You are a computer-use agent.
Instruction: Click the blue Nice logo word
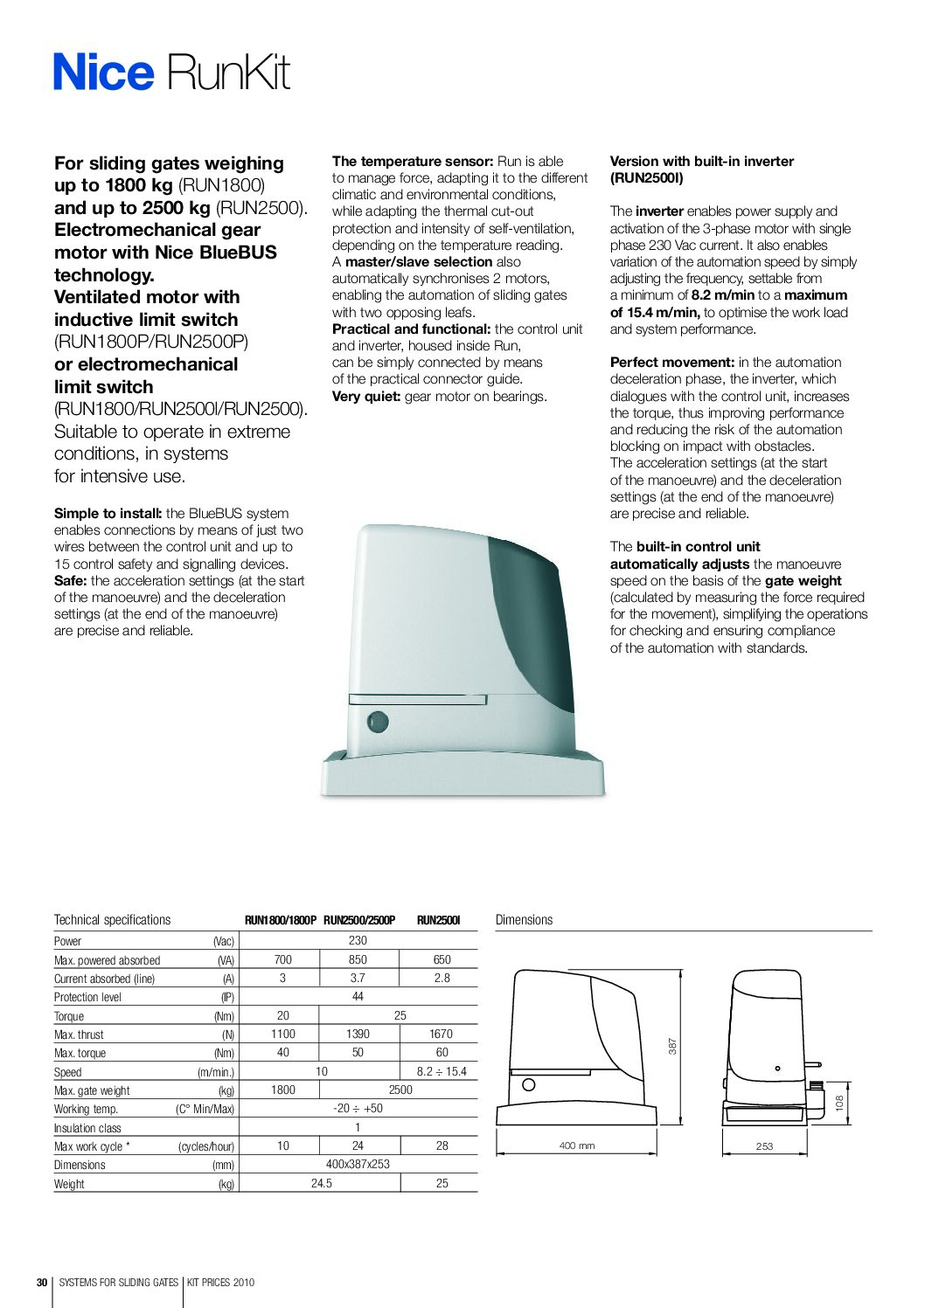(x=103, y=73)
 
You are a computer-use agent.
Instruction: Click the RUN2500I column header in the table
(x=438, y=920)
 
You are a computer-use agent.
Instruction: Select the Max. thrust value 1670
(x=441, y=1034)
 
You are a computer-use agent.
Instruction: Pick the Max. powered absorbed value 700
(x=282, y=959)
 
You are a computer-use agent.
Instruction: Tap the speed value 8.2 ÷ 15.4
(x=441, y=1071)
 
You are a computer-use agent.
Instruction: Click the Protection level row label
(x=87, y=997)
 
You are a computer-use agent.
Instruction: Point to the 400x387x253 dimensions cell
(x=358, y=1164)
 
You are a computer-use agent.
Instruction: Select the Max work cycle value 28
(x=442, y=1145)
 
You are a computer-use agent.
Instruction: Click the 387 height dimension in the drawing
(x=672, y=1046)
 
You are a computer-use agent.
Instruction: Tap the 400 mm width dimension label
(x=577, y=1145)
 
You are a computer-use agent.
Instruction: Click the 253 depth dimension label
(x=764, y=1146)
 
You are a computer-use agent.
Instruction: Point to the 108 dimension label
(x=839, y=1104)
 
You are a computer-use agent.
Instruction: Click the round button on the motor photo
(x=377, y=722)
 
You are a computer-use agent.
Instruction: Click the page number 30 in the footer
(x=41, y=1283)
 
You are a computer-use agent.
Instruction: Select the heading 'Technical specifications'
(x=112, y=920)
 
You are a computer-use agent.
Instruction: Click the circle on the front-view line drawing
(x=528, y=1085)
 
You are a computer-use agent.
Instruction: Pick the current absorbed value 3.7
(x=358, y=979)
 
